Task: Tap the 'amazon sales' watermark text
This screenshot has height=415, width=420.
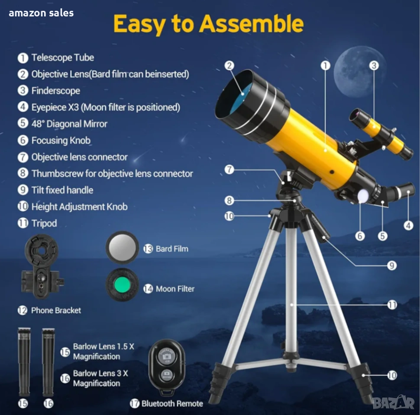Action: point(41,13)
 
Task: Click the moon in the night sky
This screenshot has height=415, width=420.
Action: point(358,73)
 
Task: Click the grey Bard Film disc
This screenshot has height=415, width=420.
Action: point(122,247)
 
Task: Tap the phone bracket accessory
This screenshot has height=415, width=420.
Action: point(42,266)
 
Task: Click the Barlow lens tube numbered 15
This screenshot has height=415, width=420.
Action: point(24,362)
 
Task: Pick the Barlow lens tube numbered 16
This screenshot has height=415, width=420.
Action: point(48,362)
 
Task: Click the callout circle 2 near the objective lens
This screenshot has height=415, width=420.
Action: point(229,66)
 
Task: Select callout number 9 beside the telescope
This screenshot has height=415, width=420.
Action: point(391,265)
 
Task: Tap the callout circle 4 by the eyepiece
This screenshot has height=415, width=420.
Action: point(408,225)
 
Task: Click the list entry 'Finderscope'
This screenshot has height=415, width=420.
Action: point(56,91)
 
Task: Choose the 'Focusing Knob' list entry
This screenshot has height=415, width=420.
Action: point(61,140)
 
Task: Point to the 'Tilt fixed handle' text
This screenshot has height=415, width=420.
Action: point(62,190)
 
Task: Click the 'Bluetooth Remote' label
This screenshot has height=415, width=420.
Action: point(172,403)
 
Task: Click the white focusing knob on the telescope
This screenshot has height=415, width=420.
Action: point(363,196)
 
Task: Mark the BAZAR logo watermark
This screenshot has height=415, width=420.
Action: point(393,402)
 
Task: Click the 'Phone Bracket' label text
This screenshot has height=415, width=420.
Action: point(56,310)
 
